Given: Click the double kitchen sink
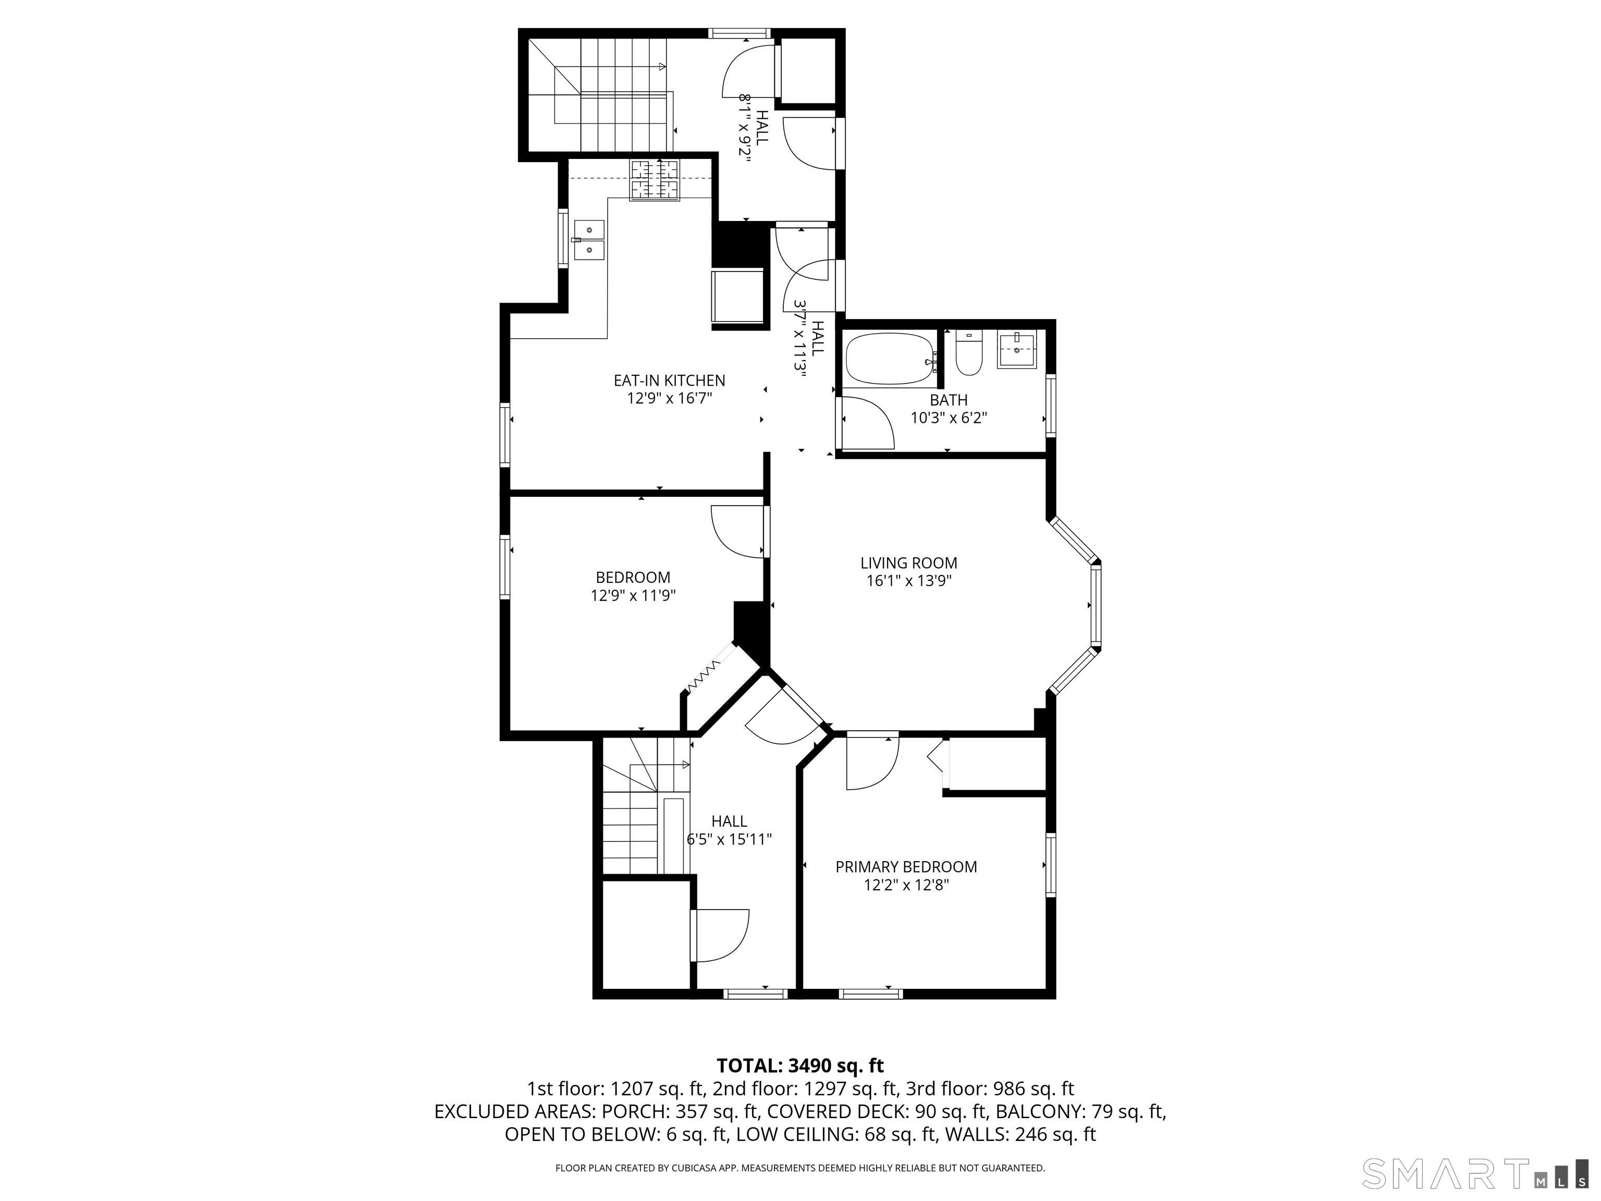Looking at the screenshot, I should click(x=588, y=240).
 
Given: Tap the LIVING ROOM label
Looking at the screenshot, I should click(x=908, y=562).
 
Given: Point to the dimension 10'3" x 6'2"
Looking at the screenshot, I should click(x=948, y=418).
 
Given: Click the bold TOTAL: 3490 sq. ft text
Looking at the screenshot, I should click(x=800, y=1065).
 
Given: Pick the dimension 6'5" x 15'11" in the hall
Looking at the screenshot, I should click(x=729, y=840).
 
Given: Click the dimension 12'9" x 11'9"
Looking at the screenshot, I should click(x=633, y=595).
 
